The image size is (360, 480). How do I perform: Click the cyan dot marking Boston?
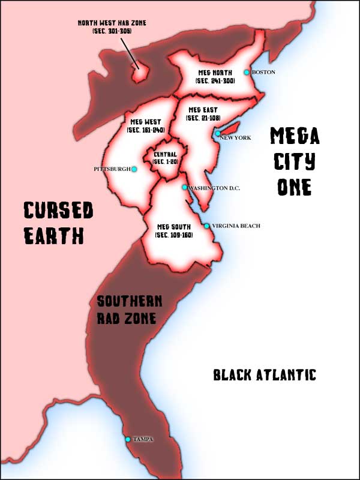tap(246, 72)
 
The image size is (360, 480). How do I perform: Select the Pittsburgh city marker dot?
tap(134, 169)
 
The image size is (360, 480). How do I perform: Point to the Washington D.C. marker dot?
tap(185, 187)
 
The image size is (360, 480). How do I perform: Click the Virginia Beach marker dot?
tap(207, 226)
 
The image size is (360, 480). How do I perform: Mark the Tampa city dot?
tap(128, 439)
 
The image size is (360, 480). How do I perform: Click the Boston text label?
tap(263, 72)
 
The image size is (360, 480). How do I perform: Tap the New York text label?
tap(235, 138)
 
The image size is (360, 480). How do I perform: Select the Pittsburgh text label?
tap(112, 169)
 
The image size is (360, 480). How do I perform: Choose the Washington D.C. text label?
tap(214, 188)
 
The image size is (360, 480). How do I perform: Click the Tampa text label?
tap(143, 439)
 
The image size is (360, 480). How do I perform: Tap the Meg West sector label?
tap(146, 125)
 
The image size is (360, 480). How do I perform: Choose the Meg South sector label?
tap(173, 230)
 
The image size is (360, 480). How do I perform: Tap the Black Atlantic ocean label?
tap(265, 375)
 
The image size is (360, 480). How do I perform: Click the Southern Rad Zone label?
tap(128, 308)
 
